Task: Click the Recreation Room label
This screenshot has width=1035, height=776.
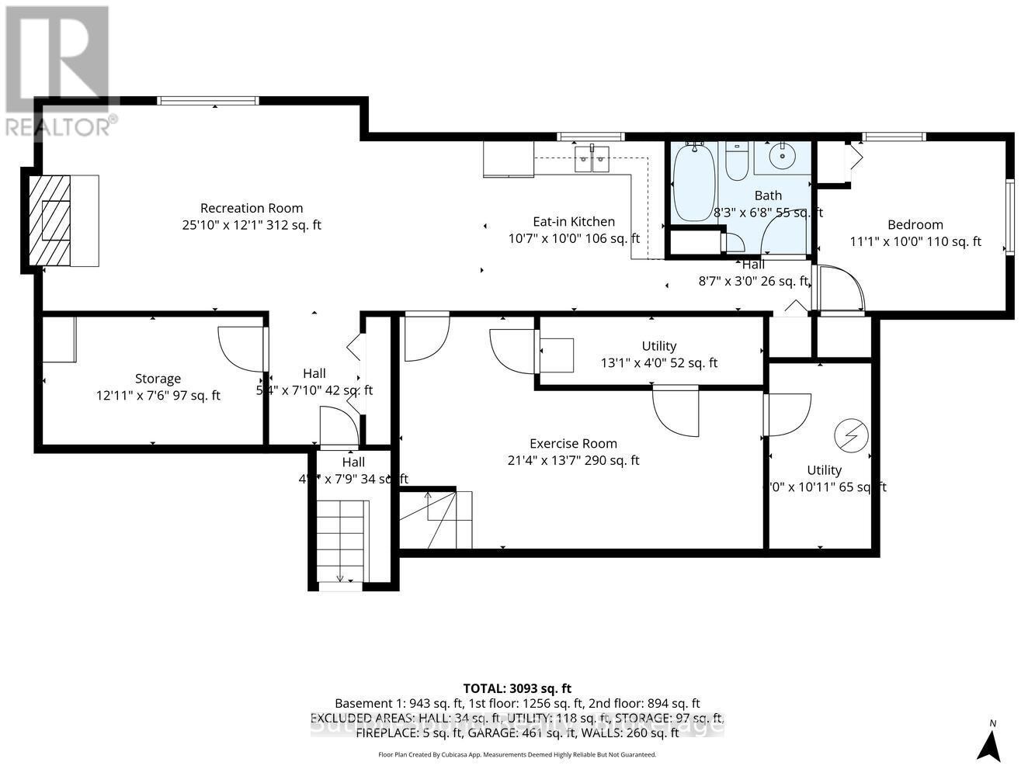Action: (251, 208)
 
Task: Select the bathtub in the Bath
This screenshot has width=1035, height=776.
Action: (694, 183)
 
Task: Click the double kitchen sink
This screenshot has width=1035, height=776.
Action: (592, 158)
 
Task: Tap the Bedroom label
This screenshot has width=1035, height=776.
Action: (915, 225)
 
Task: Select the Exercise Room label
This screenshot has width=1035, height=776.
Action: (573, 444)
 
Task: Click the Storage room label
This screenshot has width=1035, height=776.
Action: (158, 379)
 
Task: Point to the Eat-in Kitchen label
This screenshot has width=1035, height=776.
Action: (573, 222)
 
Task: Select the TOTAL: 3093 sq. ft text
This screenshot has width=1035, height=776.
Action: (517, 688)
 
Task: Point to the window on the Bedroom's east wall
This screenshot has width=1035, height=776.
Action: (1009, 217)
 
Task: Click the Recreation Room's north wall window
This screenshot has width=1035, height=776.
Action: (207, 100)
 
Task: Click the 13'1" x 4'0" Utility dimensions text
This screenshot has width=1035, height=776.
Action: (659, 362)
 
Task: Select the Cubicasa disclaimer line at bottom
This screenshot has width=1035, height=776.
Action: (517, 754)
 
